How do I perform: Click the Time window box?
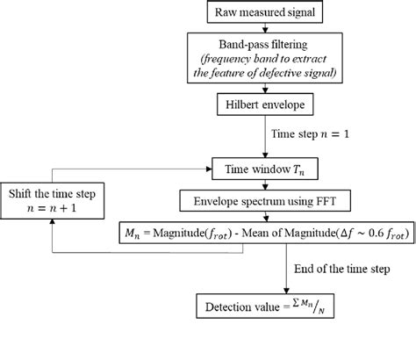click(262, 164)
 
